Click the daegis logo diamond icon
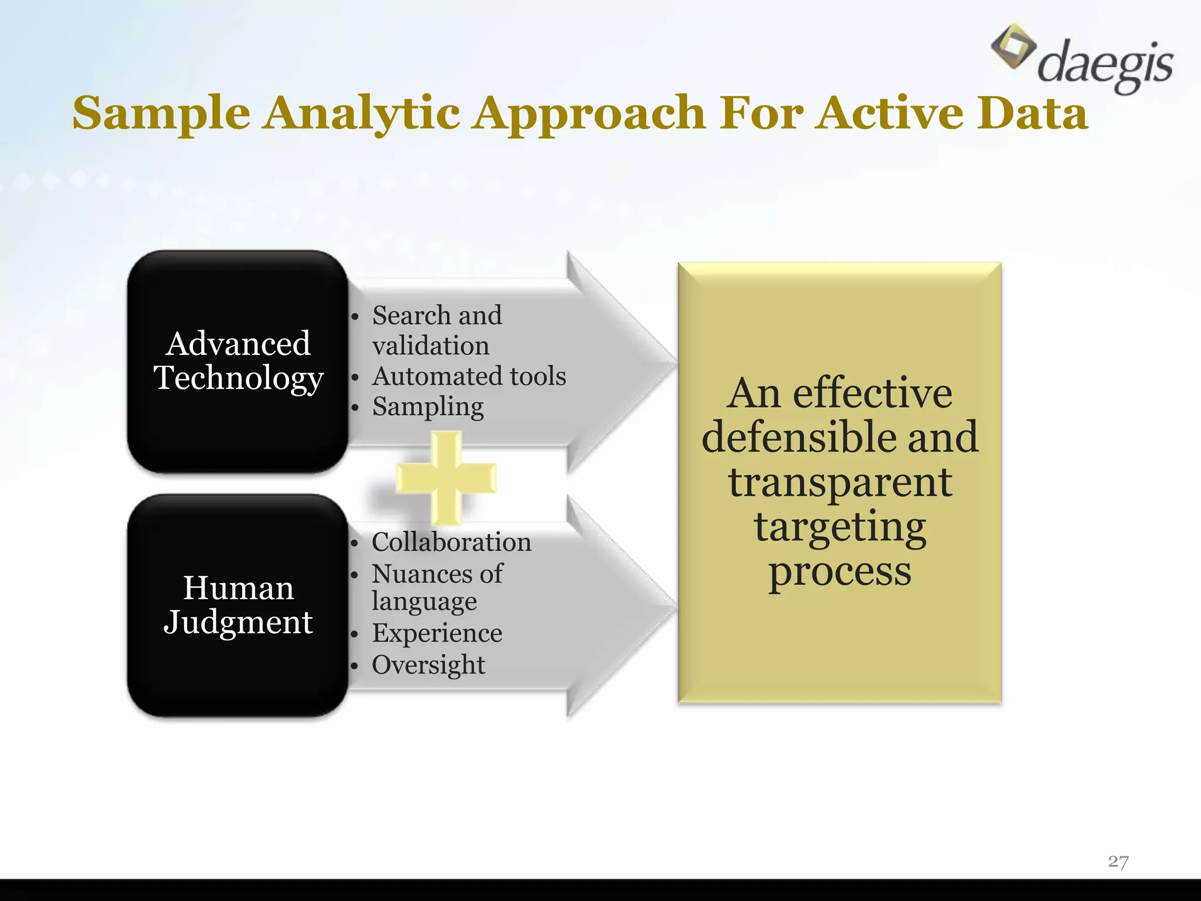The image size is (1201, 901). (x=1013, y=46)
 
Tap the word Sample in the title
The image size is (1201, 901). (x=161, y=113)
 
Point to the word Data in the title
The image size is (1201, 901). (x=1032, y=113)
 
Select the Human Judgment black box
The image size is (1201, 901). (x=238, y=605)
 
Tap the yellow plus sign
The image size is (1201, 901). (x=446, y=477)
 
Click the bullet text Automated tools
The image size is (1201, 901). (x=469, y=376)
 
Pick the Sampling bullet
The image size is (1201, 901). (x=428, y=407)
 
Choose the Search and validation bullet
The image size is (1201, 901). (x=437, y=330)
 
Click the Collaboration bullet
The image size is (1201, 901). (x=451, y=542)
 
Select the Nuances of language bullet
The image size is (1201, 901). (x=437, y=587)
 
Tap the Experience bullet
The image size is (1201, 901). (x=437, y=633)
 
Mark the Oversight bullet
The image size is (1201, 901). (x=428, y=665)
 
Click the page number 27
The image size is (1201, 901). (x=1118, y=862)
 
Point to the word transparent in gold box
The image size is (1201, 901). (x=840, y=482)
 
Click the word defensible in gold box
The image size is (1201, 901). (x=799, y=438)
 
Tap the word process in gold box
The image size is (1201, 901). (x=840, y=572)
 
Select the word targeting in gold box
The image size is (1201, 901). (x=840, y=527)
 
